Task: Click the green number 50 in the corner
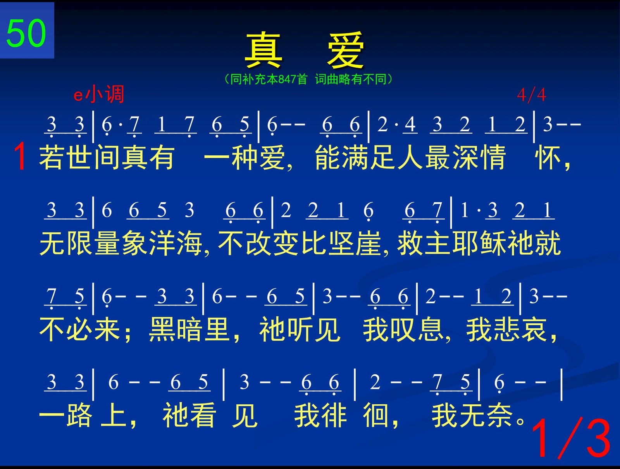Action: click(26, 34)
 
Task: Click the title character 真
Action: click(263, 50)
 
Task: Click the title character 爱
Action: click(345, 50)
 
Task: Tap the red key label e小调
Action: click(98, 94)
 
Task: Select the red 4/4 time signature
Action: click(531, 95)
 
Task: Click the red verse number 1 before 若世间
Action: click(20, 156)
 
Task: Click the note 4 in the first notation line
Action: click(410, 124)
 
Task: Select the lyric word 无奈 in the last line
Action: click(486, 416)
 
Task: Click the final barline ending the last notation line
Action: click(561, 384)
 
